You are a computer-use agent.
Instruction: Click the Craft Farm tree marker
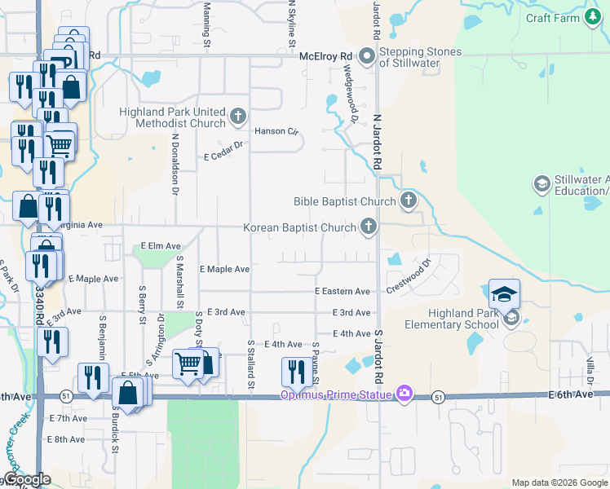[x=592, y=18]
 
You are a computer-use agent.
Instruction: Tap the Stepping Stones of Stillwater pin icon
[x=366, y=56]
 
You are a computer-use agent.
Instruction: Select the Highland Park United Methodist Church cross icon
[x=238, y=117]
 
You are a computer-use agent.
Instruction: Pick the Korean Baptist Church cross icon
[x=369, y=227]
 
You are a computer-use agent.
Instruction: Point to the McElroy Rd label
[x=325, y=55]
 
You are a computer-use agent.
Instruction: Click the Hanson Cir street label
[x=277, y=130]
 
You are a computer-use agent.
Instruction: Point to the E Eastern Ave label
[x=343, y=291]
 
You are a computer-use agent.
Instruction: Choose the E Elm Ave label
[x=161, y=245]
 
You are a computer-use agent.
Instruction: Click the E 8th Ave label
[x=67, y=439]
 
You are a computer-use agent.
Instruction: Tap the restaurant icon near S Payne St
[x=294, y=371]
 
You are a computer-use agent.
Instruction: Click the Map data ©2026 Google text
[x=559, y=482]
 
